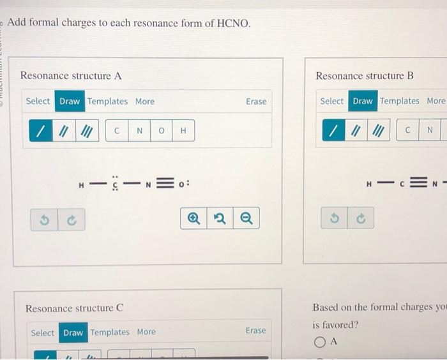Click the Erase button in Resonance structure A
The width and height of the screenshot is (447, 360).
click(x=256, y=101)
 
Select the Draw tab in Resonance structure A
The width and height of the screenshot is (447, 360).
click(x=70, y=101)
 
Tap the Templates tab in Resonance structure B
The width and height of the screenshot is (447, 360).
click(x=400, y=101)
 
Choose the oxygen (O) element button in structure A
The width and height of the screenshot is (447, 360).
click(x=161, y=131)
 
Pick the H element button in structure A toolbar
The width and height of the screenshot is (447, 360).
click(x=183, y=131)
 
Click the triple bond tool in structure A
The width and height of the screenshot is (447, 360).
click(x=86, y=131)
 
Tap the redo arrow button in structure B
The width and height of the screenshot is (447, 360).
click(x=361, y=218)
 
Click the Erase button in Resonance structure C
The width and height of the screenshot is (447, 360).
click(x=255, y=331)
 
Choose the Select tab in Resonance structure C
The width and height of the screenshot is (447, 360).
click(x=43, y=333)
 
